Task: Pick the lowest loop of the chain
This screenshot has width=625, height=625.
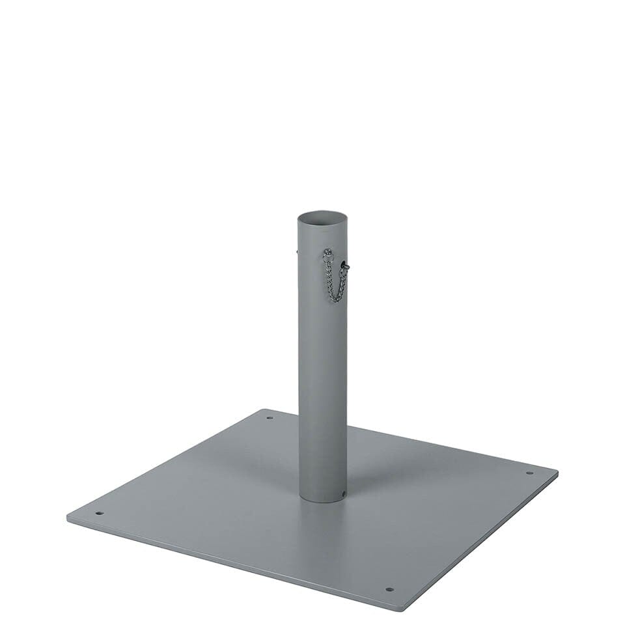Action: [x=335, y=299]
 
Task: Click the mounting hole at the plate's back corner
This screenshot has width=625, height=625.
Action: [x=270, y=417]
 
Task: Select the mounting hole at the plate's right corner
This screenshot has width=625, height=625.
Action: [x=529, y=473]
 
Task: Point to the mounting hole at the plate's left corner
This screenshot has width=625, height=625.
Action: [x=99, y=513]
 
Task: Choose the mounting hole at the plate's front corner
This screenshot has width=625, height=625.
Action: [x=389, y=590]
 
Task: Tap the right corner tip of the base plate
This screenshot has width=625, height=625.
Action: [x=557, y=471]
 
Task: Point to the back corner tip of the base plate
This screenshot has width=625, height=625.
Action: [x=266, y=410]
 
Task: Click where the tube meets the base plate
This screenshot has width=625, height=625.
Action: [x=322, y=500]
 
